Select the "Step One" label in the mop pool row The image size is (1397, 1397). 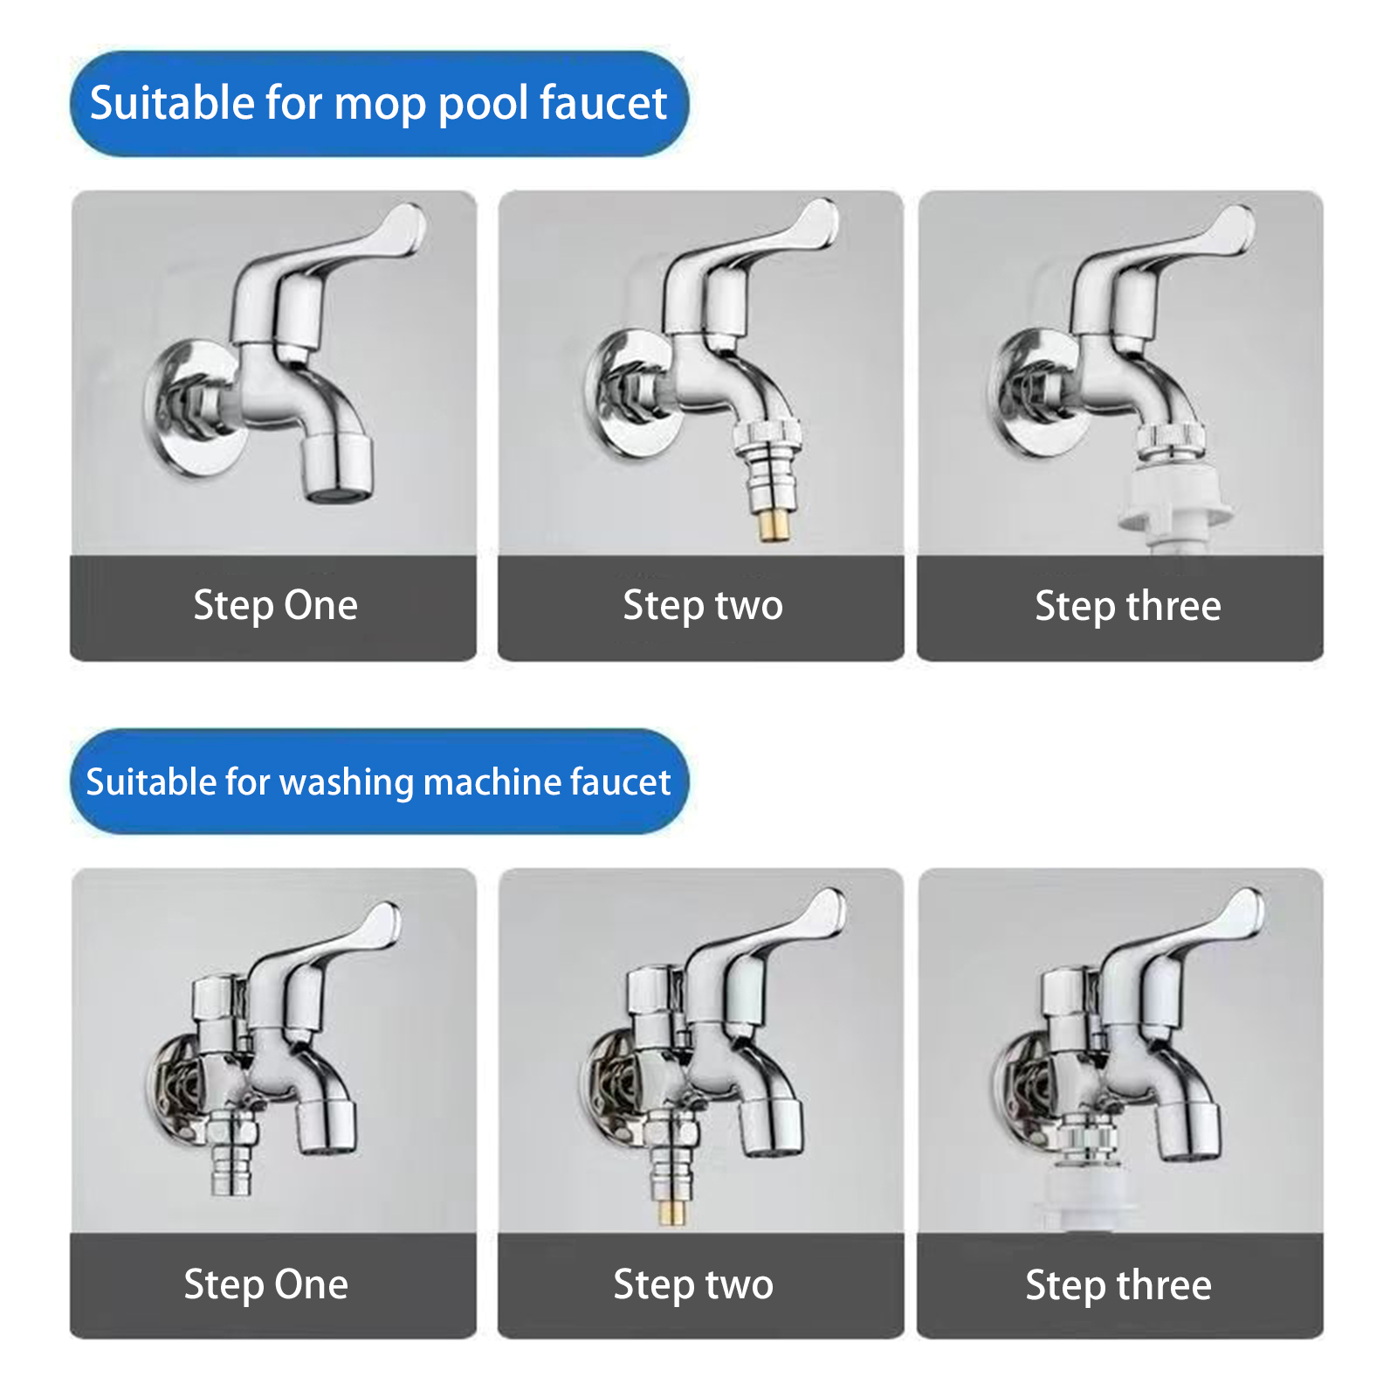[275, 606]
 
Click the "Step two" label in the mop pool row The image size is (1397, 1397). [703, 606]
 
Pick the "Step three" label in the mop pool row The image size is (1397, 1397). [1128, 606]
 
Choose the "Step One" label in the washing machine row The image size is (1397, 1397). [266, 1285]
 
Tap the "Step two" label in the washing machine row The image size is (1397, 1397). [693, 1285]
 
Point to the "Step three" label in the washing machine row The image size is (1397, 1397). [1118, 1285]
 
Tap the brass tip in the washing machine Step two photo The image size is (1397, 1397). [672, 1212]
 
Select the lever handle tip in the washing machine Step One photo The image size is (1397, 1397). [382, 923]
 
